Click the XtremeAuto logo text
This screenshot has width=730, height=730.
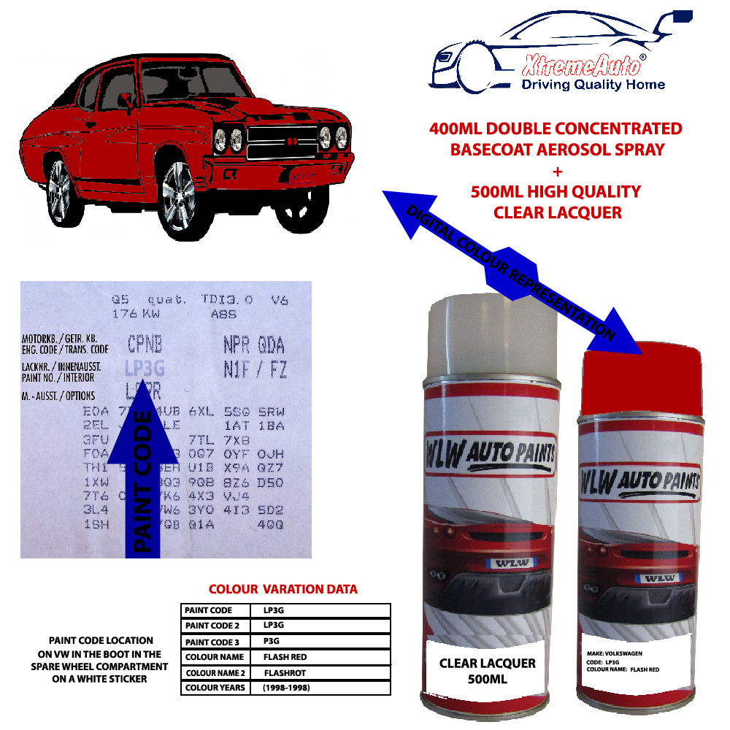coord(581,67)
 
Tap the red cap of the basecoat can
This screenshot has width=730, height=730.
coord(642,372)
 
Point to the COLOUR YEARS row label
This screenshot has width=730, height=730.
coord(215,688)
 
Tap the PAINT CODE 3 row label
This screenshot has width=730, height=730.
coord(212,641)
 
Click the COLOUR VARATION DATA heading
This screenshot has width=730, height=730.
coord(283,589)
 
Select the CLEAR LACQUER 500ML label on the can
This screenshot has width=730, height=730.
coord(487,670)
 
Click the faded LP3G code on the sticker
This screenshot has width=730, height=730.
coord(142,367)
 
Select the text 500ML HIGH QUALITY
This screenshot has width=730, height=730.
coord(556,191)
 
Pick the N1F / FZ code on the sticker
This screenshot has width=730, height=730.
coord(255,369)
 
